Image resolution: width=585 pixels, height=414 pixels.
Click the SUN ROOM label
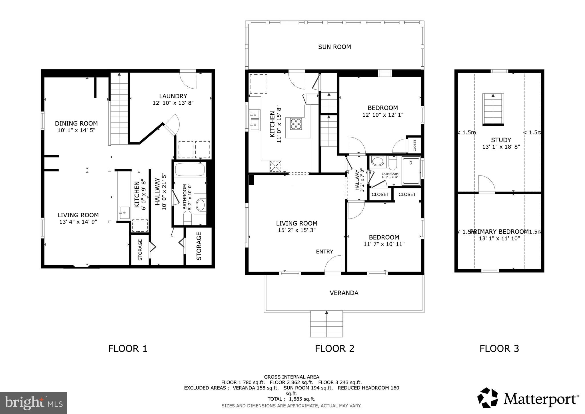[334, 47]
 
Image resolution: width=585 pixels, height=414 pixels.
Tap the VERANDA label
[344, 293]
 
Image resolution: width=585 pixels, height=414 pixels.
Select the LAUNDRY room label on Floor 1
[173, 96]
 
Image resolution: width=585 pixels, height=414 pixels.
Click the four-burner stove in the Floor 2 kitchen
[296, 124]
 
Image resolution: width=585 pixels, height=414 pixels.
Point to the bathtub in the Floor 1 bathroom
[190, 170]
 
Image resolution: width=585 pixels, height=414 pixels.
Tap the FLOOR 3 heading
[499, 349]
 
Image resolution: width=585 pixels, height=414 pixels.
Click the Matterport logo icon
[488, 398]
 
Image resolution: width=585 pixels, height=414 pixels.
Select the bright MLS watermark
[34, 403]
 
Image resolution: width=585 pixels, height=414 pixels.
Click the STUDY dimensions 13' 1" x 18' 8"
[501, 147]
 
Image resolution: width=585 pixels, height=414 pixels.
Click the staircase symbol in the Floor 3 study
[493, 109]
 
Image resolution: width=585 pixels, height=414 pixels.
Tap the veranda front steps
[326, 324]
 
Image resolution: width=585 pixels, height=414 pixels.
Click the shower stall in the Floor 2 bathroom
[411, 171]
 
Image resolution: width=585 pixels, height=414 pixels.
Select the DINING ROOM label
[76, 124]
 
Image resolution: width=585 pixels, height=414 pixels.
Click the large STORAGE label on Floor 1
[199, 246]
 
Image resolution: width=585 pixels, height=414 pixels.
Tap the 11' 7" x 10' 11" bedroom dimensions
[384, 244]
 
